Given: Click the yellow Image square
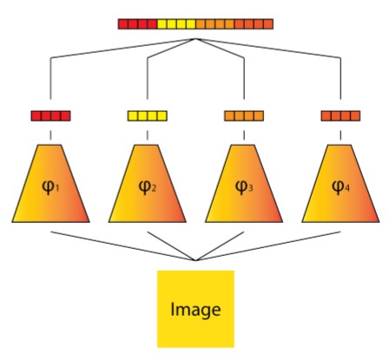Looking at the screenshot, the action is (195, 309).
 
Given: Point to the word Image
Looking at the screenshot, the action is (195, 310).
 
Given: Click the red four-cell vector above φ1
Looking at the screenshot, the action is (50, 116).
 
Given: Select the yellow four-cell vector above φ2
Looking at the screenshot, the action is (148, 116).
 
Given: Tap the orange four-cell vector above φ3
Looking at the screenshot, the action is (244, 116).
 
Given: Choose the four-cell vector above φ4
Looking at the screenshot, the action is (340, 116).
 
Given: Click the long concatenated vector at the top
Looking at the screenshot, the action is (195, 24).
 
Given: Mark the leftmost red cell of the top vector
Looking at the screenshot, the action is (123, 24).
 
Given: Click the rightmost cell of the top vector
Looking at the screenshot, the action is (268, 24).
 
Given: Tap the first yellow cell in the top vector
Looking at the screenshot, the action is (162, 24).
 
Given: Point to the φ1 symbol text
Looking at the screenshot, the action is (50, 187).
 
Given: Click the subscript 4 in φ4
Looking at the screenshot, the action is (347, 189).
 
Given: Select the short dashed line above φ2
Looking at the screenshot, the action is (148, 135).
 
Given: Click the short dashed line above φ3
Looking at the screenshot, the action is (244, 135).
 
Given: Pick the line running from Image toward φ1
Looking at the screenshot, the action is (123, 246).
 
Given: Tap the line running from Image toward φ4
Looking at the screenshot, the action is (268, 246).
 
